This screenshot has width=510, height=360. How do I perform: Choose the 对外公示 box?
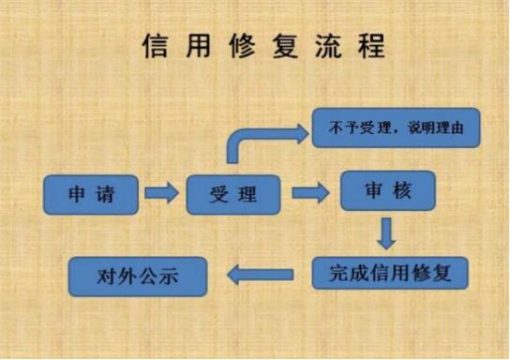click(137, 276)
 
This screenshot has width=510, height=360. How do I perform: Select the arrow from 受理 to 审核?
click(309, 193)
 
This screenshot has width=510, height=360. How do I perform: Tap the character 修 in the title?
click(241, 46)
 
